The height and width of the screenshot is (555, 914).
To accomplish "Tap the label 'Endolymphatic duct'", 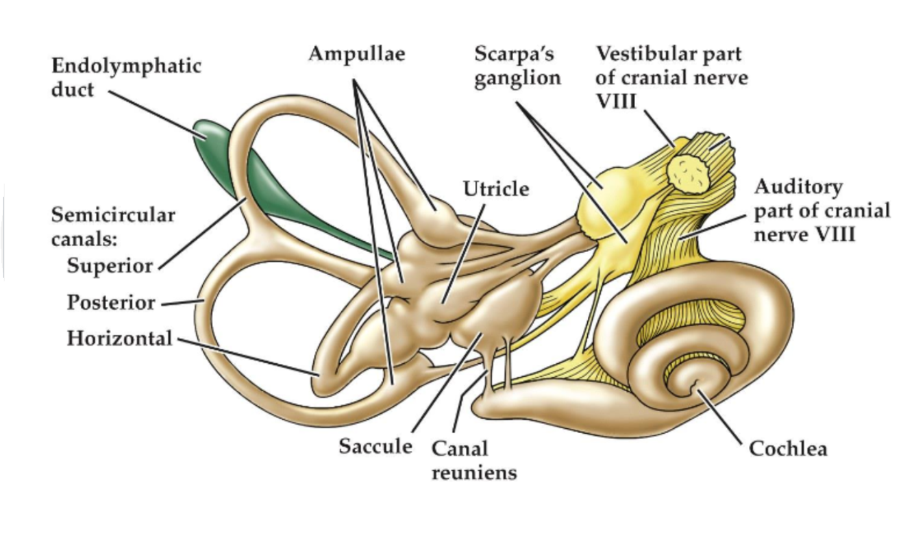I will (x=126, y=77).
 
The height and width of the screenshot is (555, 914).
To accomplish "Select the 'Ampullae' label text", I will (x=356, y=54).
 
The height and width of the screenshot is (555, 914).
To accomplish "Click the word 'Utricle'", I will (x=495, y=188).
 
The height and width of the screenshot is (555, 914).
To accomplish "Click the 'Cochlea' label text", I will (x=788, y=449).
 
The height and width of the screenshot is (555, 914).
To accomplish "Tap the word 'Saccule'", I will (x=375, y=447).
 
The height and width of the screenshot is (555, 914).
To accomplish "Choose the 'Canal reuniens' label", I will (x=473, y=460).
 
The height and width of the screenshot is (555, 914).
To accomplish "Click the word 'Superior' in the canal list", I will (x=110, y=266).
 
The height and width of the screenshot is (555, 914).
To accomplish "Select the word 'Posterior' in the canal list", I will (x=111, y=302).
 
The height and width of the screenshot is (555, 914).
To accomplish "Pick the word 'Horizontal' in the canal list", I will (x=119, y=338).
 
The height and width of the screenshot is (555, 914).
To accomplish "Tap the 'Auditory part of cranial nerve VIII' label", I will (x=822, y=210).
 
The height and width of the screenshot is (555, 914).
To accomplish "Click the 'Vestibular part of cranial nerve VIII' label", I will (x=671, y=77).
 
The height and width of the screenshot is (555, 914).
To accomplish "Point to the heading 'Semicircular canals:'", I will (x=113, y=225).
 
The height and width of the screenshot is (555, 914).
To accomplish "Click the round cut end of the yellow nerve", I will (x=689, y=172).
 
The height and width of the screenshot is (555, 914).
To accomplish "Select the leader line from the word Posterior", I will (x=181, y=301).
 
